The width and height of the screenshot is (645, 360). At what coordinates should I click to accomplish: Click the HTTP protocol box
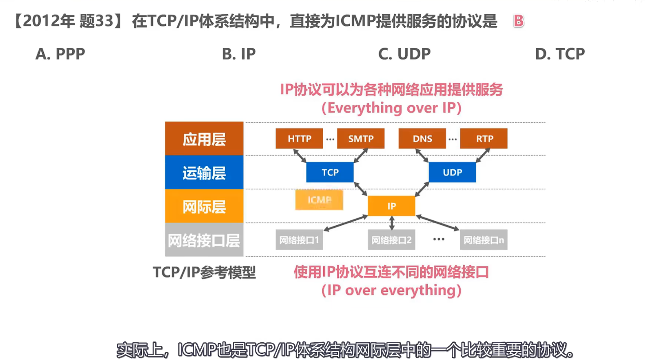[x=299, y=139]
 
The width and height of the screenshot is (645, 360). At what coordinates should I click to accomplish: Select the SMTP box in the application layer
[x=360, y=139]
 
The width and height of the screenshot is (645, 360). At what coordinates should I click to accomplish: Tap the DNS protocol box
[x=422, y=139]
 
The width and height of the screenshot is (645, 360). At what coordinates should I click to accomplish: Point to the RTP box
[x=484, y=139]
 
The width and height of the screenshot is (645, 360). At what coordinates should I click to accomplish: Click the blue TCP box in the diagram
[x=330, y=172]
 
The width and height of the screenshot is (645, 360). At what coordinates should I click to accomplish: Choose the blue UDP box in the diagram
[x=452, y=172]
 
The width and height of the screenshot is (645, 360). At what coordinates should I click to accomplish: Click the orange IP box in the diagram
[x=391, y=206]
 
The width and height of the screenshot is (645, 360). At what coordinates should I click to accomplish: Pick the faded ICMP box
[x=319, y=200]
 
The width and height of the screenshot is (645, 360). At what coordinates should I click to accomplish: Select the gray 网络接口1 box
[x=299, y=240]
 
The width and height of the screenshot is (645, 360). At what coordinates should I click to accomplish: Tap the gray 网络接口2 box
[x=391, y=240]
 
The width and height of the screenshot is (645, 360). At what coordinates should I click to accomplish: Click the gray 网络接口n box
[x=484, y=240]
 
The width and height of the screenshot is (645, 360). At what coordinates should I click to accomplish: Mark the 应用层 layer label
[x=204, y=139]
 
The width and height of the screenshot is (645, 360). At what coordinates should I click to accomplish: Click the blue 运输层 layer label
[x=204, y=172]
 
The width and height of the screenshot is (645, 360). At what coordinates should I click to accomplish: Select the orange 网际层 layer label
[x=204, y=206]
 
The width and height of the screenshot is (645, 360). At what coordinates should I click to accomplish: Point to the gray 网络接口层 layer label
[x=204, y=240]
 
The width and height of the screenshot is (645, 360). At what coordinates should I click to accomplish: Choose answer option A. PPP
[x=60, y=54]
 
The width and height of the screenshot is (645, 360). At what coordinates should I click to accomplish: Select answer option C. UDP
[x=404, y=54]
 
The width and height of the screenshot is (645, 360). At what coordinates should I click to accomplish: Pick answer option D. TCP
[x=560, y=54]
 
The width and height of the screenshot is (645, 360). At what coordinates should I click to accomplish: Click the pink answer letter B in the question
[x=519, y=21]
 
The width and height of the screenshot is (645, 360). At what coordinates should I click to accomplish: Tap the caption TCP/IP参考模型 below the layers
[x=204, y=272]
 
